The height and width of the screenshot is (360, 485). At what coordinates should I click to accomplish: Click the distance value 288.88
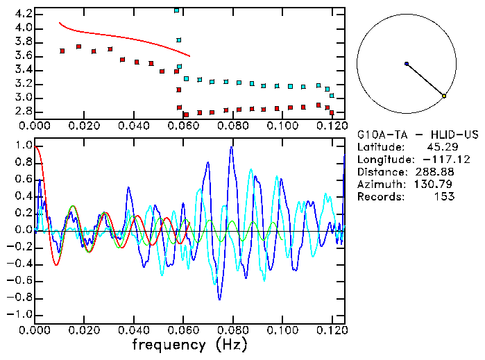point(434,172)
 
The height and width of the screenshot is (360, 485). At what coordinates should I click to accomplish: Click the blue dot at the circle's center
point(407,64)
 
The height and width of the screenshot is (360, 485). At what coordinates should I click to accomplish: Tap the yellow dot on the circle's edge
point(444,96)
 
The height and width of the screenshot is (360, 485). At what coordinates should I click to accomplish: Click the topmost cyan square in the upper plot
point(177,10)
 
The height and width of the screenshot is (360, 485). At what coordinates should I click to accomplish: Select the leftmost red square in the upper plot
point(62,51)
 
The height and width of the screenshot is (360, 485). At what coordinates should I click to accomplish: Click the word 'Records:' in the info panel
point(380,197)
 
